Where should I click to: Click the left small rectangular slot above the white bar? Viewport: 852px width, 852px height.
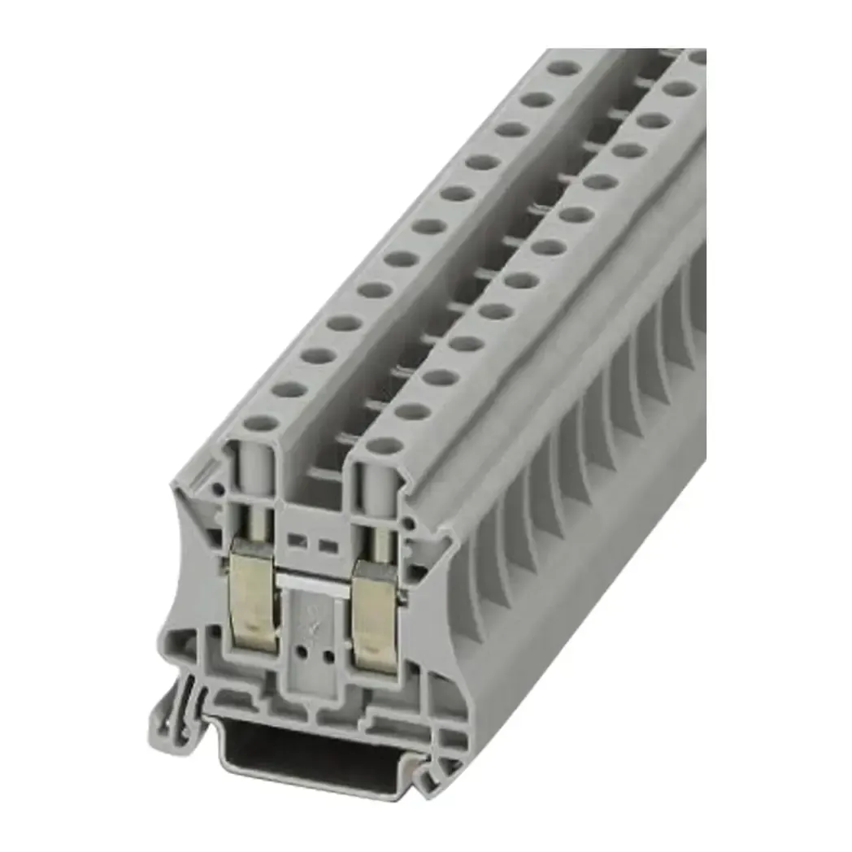(x=297, y=541)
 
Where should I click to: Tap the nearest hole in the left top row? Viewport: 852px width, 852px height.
(x=261, y=424)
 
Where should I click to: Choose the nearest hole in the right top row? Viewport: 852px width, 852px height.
(x=385, y=446)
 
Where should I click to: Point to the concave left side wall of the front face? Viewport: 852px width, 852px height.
(x=189, y=569)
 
